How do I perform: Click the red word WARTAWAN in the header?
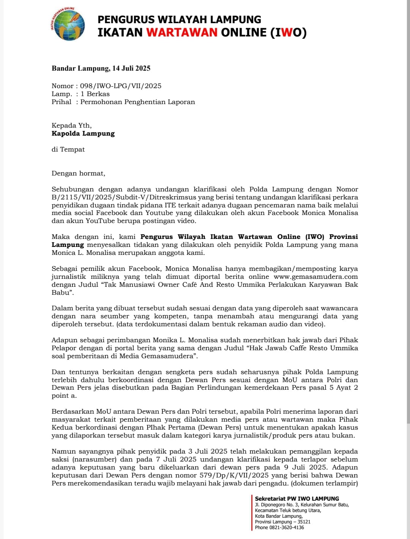coord(182,32)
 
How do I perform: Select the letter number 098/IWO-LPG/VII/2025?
coord(121,86)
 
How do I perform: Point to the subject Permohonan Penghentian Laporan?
coord(137,102)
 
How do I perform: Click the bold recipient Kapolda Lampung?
coord(83,133)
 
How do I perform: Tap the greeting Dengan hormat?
coord(78,173)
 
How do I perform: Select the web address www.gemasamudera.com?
coord(315,277)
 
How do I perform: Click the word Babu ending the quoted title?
coord(61,292)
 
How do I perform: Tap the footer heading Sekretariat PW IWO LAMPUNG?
coord(297,498)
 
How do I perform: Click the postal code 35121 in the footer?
coord(304,522)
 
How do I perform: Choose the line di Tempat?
coord(68,149)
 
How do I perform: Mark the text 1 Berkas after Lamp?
coord(95,94)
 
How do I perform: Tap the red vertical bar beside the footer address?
coord(252,512)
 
